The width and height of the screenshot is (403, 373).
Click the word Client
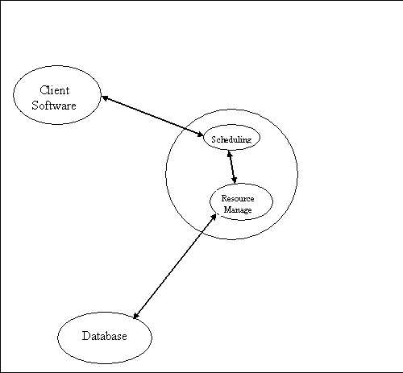[55, 90]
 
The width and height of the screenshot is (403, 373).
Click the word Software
[54, 105]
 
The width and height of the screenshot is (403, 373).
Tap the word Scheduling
[231, 139]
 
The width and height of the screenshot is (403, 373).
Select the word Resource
[238, 198]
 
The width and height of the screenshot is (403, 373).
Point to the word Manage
[238, 209]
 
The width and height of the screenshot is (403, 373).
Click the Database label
[104, 336]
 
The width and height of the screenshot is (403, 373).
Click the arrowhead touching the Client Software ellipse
[105, 98]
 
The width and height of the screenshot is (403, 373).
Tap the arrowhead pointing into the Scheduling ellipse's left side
[200, 134]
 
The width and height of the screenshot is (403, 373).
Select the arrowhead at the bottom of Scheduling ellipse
[230, 154]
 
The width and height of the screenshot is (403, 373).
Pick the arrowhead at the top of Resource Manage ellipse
[235, 180]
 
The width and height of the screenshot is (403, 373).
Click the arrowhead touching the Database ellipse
[136, 316]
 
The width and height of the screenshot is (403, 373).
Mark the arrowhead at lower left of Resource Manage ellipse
[214, 217]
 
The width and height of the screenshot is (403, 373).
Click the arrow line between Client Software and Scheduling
[152, 116]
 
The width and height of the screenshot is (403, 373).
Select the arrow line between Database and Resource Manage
[175, 267]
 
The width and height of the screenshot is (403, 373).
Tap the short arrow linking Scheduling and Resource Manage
[232, 167]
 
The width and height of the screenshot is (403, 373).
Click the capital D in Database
[86, 336]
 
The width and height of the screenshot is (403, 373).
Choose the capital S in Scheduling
[214, 139]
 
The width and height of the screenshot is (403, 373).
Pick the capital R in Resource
[224, 198]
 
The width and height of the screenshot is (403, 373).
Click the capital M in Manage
[227, 209]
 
